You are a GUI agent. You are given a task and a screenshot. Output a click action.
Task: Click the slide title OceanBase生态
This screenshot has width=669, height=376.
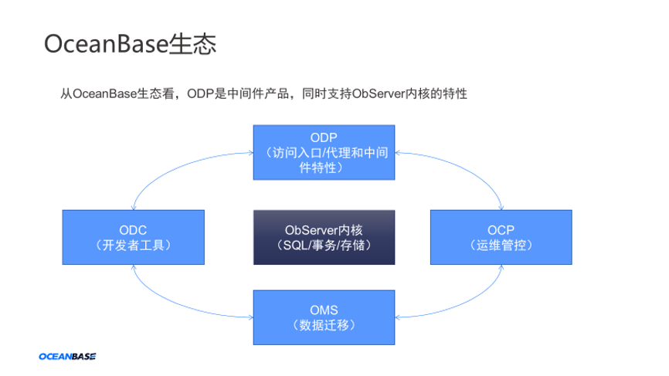129,43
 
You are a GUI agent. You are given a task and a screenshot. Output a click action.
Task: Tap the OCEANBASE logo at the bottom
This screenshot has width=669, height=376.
67,357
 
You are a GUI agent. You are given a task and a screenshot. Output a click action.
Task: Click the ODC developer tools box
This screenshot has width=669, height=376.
133,238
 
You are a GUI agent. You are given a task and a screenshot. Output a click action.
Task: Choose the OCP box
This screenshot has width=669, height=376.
501,238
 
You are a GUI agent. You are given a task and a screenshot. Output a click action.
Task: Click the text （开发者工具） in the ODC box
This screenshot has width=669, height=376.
133,246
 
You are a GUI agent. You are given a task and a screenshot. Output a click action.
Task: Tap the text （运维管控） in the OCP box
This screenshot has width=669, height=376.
501,246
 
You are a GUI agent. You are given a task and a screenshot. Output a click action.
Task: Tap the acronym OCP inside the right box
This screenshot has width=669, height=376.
501,230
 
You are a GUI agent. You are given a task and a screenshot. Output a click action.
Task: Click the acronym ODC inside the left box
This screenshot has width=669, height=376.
133,230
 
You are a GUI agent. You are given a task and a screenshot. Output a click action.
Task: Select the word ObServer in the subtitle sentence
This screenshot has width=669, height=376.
379,93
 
